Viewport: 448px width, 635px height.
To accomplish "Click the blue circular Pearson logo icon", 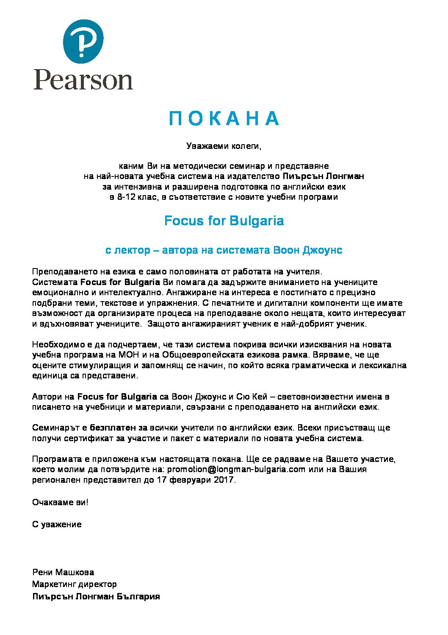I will point(83,41).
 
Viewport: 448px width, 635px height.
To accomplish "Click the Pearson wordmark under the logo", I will point(83,79).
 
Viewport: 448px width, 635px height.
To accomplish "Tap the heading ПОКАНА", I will point(224,119).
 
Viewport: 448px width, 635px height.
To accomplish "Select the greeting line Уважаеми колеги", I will point(224,146).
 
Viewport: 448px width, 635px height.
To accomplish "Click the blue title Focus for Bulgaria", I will point(224,221).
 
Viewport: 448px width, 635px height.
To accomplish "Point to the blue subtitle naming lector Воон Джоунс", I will point(224,250).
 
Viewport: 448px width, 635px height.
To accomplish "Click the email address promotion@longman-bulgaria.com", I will point(236,470).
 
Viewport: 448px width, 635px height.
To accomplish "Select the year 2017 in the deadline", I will point(224,480).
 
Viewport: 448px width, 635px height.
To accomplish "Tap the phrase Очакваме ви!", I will point(60,503).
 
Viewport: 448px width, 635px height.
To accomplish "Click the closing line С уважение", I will point(57,525).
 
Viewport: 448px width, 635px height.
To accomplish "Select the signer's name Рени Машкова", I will point(63,573).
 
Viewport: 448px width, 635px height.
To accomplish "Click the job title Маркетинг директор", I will point(75,585).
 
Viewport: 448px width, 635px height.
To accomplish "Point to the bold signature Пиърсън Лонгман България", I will point(96,596).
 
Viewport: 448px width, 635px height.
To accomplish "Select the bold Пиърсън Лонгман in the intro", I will point(324,176).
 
